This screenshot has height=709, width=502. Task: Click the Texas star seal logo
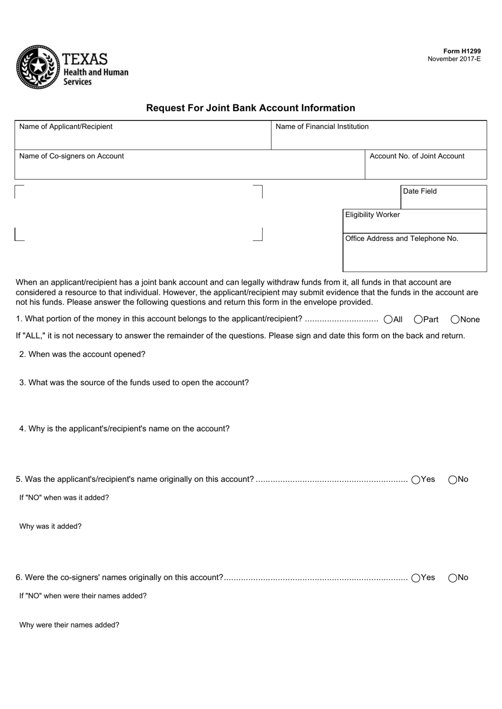(x=38, y=67)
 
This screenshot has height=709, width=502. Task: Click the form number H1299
(x=462, y=51)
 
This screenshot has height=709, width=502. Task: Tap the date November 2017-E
(x=454, y=59)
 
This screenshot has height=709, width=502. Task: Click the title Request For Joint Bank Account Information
(x=250, y=108)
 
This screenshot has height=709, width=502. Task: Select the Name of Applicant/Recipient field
(x=143, y=139)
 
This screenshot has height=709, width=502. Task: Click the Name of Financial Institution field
(x=378, y=139)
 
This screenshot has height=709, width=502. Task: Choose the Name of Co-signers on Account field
(x=189, y=169)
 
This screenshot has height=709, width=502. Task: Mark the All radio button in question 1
(x=388, y=319)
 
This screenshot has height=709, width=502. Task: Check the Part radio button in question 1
(x=418, y=319)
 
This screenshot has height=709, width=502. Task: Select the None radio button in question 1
(x=455, y=319)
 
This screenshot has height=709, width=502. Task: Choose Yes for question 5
(x=416, y=480)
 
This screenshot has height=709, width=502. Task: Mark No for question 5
(x=453, y=480)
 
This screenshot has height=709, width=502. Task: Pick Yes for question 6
(x=416, y=578)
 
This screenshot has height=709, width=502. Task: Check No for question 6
(x=453, y=578)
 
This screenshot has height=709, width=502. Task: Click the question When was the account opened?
(x=82, y=354)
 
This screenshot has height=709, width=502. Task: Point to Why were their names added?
(x=69, y=625)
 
